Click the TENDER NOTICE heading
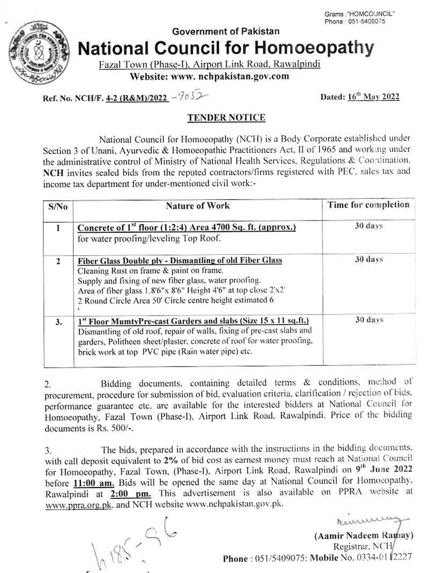coord(226,117)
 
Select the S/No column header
coord(57,207)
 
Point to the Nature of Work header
coord(197,205)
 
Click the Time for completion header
coord(368,204)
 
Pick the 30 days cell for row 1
coord(368,226)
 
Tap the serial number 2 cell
coord(57,261)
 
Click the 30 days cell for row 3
coord(368,320)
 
